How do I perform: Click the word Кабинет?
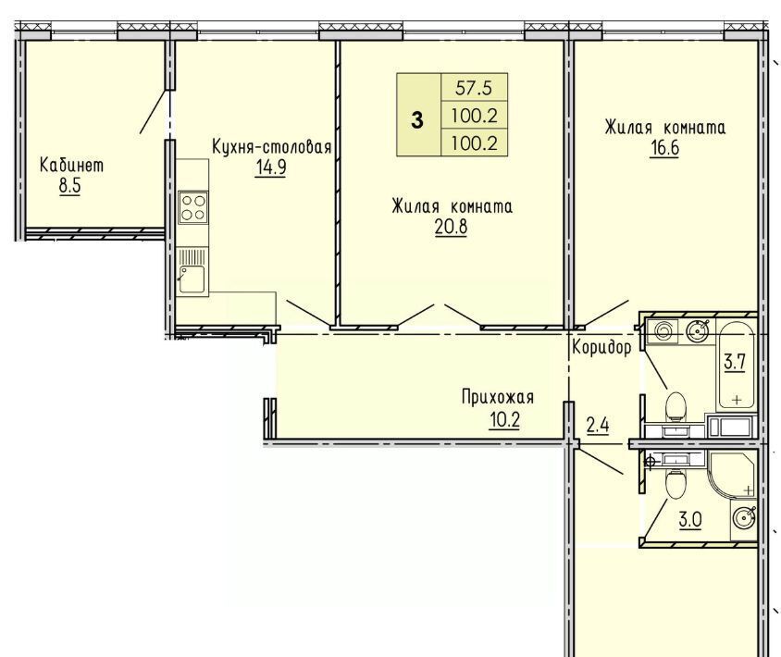(72, 165)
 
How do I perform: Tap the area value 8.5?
(69, 186)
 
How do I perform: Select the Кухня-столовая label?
(272, 147)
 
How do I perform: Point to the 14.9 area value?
(271, 167)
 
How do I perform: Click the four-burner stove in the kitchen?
(193, 207)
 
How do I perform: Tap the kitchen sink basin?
(192, 279)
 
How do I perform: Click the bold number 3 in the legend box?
(417, 120)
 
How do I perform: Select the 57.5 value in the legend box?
(473, 88)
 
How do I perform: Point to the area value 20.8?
(452, 227)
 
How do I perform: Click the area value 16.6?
(665, 148)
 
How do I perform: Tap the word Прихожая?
(498, 398)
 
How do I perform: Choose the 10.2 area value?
(504, 420)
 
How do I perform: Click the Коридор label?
(601, 347)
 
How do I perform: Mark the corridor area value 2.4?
(598, 426)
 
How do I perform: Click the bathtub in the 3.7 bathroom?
(737, 365)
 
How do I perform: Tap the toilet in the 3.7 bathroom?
(676, 405)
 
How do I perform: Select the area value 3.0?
(690, 520)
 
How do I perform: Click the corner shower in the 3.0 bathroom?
(731, 474)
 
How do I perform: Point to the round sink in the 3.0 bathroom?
(744, 518)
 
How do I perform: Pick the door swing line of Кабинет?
(153, 112)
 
